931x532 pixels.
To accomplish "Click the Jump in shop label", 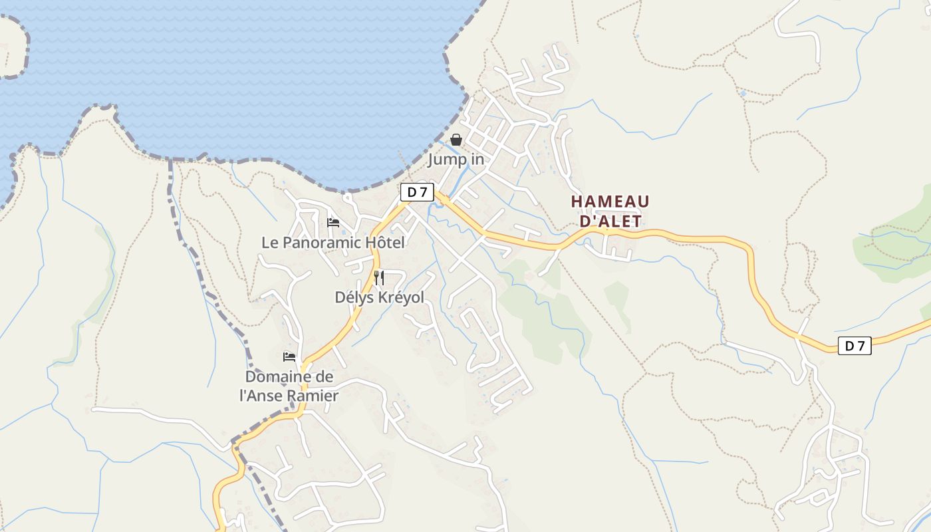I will point(456,160).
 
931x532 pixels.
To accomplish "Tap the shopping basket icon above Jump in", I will point(456,140).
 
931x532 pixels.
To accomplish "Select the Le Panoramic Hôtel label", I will point(332,243).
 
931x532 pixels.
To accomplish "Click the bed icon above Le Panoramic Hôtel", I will point(333,222).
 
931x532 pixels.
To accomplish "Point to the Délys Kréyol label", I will point(379,297).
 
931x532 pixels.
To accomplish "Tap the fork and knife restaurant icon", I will point(379,277).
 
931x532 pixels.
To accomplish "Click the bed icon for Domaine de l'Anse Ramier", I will point(289,357).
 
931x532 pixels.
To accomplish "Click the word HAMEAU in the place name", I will point(610,201).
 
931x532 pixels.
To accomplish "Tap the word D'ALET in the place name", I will point(610,221).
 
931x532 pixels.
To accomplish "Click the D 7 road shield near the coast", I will point(417,192).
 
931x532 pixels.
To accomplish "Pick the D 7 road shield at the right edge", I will point(855,346).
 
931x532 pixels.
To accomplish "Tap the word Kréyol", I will point(400,297).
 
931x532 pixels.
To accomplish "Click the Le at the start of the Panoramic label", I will point(270,243).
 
